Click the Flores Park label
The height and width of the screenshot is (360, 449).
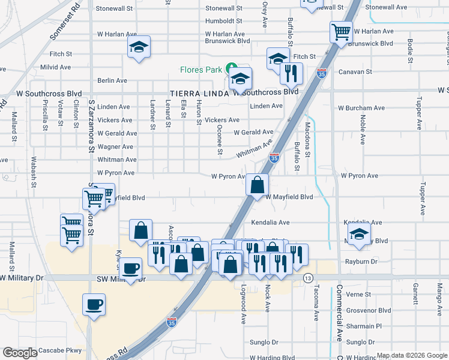(201, 70)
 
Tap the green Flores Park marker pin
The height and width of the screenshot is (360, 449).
(230, 68)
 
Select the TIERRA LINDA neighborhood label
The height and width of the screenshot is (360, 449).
(199, 93)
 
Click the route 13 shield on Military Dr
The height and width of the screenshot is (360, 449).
(308, 278)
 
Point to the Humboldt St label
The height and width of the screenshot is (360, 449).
(223, 21)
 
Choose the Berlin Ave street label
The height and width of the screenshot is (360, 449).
(112, 80)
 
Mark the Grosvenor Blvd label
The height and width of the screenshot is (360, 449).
(369, 311)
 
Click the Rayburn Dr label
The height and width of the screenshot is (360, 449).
(360, 262)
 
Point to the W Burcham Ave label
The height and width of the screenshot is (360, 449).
(361, 109)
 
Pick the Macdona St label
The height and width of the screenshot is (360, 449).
(307, 137)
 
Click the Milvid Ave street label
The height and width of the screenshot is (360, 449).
(57, 67)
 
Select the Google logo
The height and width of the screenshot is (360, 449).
(20, 353)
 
